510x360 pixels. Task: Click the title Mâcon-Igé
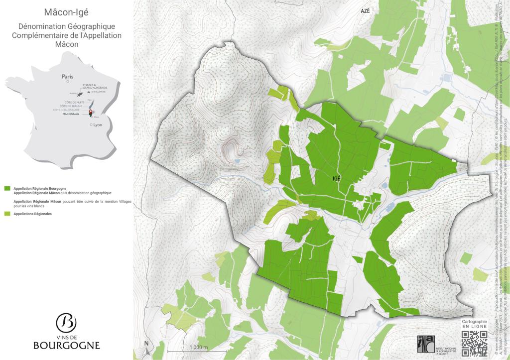point(66,12)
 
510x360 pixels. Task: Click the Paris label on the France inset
point(67,77)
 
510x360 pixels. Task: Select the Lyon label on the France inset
point(97,125)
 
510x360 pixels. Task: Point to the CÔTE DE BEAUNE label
point(70,106)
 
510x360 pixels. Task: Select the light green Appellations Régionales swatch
point(7,214)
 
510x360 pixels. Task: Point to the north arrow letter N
point(146,343)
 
